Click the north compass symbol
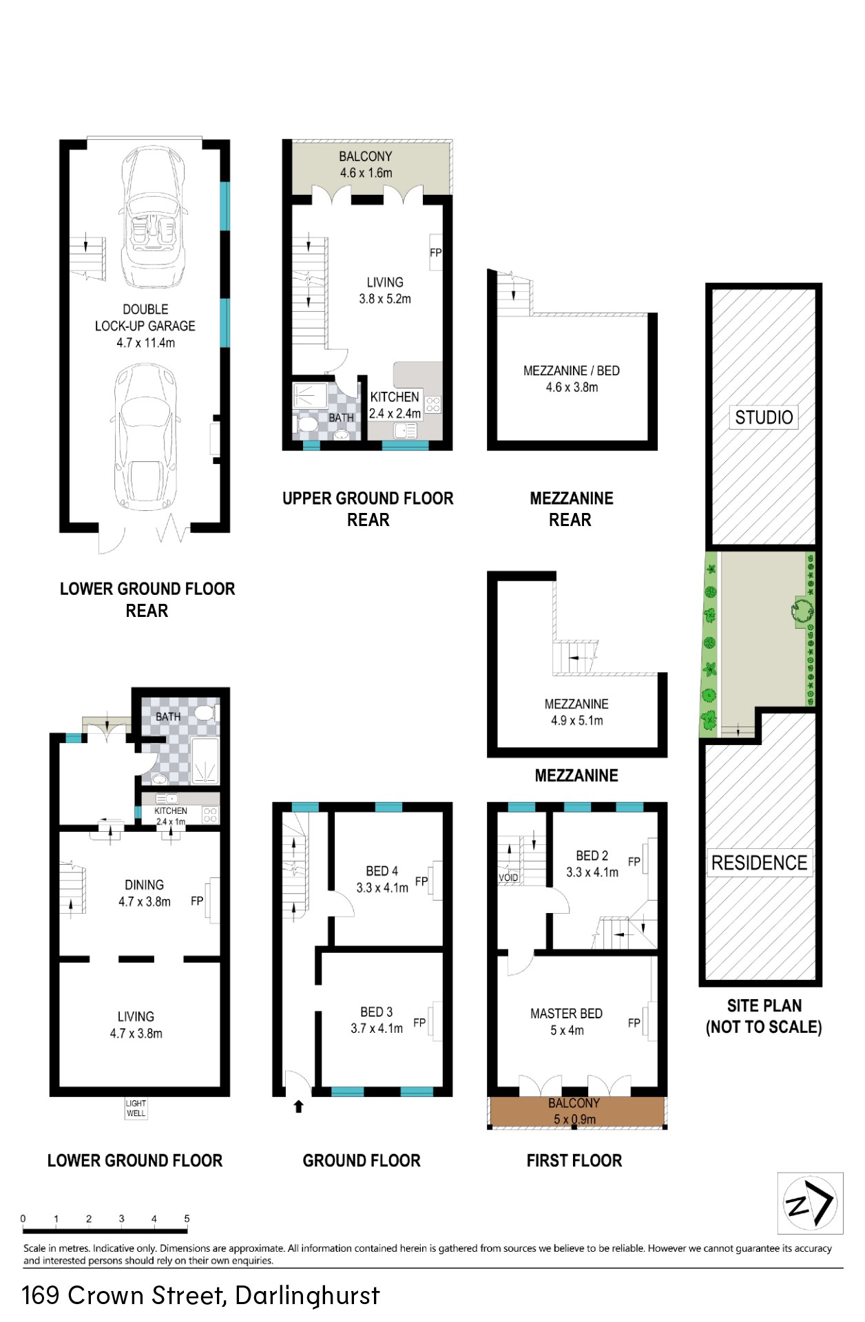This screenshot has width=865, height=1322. pyautogui.click(x=810, y=1203)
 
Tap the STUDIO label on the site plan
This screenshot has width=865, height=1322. pyautogui.click(x=764, y=417)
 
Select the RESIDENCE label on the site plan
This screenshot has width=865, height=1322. pyautogui.click(x=759, y=863)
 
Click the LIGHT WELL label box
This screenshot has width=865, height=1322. pyautogui.click(x=136, y=1108)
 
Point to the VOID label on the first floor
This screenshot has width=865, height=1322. pyautogui.click(x=508, y=878)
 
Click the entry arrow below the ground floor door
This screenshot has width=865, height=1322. pyautogui.click(x=298, y=1106)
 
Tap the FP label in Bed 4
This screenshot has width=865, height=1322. pyautogui.click(x=421, y=881)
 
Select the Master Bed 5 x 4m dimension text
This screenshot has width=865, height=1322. pyautogui.click(x=567, y=1031)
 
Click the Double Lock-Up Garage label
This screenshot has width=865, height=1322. pyautogui.click(x=145, y=317)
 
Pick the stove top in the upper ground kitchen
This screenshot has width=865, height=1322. pyautogui.click(x=432, y=404)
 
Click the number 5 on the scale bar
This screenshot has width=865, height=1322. pyautogui.click(x=187, y=1218)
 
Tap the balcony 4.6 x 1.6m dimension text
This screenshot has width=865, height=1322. pyautogui.click(x=366, y=173)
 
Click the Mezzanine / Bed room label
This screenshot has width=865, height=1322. pyautogui.click(x=572, y=370)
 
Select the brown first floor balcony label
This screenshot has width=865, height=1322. pyautogui.click(x=574, y=1103)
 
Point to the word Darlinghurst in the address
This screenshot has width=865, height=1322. pyautogui.click(x=307, y=1296)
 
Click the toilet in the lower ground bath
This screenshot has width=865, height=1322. pyautogui.click(x=204, y=712)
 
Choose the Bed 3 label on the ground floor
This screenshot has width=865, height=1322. pyautogui.click(x=376, y=1012)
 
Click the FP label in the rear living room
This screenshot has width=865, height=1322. pyautogui.click(x=435, y=253)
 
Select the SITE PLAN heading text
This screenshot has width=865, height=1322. pyautogui.click(x=764, y=1005)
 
